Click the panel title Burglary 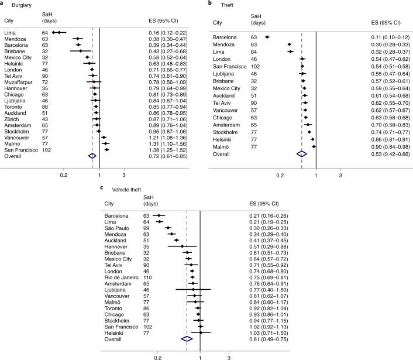(x=22, y=5)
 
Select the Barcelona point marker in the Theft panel (x=267, y=37)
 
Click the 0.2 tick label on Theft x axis (x=280, y=174)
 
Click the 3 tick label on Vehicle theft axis (x=229, y=356)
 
